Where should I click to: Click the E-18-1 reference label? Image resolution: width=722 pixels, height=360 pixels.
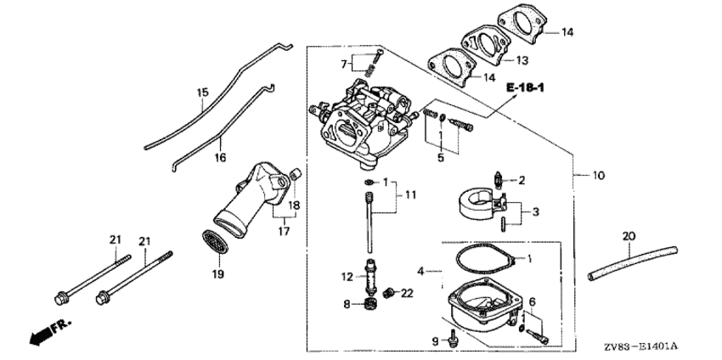pyautogui.click(x=525, y=87)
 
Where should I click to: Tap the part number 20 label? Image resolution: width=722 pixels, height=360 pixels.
pyautogui.click(x=629, y=236)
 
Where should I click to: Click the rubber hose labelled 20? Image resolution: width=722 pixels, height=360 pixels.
pyautogui.click(x=633, y=263)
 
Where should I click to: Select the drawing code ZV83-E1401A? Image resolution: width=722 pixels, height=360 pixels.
pyautogui.click(x=643, y=346)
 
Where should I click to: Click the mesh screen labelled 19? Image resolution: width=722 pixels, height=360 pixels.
pyautogui.click(x=215, y=242)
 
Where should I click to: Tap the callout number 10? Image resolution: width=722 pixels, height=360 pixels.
pyautogui.click(x=599, y=176)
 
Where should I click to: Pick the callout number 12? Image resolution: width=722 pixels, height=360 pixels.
pyautogui.click(x=347, y=277)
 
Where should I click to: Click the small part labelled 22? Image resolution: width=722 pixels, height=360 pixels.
pyautogui.click(x=390, y=292)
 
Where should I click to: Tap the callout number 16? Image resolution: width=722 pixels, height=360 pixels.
pyautogui.click(x=220, y=158)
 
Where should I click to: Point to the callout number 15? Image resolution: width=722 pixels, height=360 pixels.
pyautogui.click(x=203, y=93)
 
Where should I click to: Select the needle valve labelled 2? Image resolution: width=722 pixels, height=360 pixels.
pyautogui.click(x=499, y=179)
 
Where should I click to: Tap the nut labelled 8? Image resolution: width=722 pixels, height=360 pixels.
pyautogui.click(x=369, y=304)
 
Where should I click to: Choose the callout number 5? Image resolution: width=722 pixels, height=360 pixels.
pyautogui.click(x=441, y=159)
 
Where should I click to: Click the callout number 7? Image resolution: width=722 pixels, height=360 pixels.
pyautogui.click(x=344, y=65)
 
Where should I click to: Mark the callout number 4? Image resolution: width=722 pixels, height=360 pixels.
pyautogui.click(x=420, y=271)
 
